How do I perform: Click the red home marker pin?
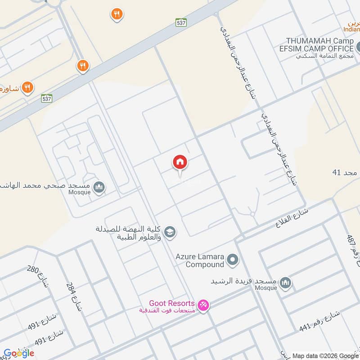click(x=180, y=162)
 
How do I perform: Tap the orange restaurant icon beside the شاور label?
click(x=28, y=87)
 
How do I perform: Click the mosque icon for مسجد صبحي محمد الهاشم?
click(x=99, y=186)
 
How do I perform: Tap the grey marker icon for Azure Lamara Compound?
click(x=233, y=259)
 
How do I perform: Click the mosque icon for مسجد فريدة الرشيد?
click(x=285, y=283)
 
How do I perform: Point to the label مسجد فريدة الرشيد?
click(x=244, y=281)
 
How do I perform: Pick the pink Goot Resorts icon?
click(x=203, y=306)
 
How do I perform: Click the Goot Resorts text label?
click(x=172, y=304)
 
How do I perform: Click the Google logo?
click(x=19, y=353)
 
